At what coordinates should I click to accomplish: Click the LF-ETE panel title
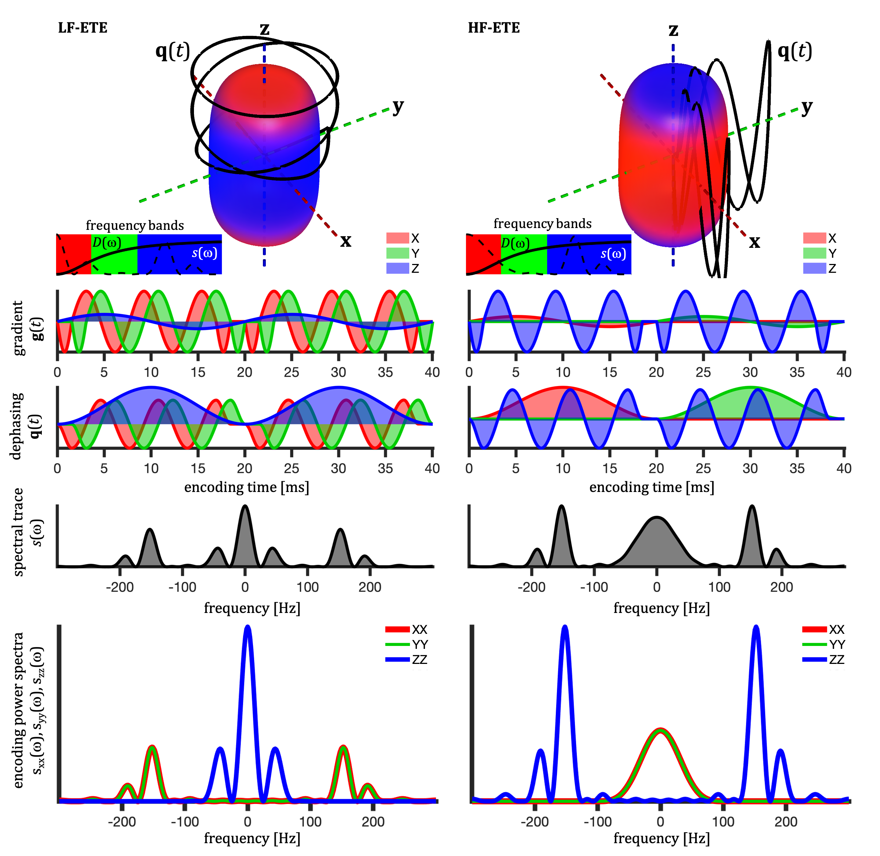click(x=83, y=28)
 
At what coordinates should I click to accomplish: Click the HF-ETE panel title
click(x=494, y=28)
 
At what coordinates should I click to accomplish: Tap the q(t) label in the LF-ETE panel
click(x=172, y=52)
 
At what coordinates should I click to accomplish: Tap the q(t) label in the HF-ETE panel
click(x=795, y=52)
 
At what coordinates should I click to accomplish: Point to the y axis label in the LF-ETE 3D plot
click(x=398, y=107)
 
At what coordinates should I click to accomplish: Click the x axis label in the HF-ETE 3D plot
click(x=754, y=242)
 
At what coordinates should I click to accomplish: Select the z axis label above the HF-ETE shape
click(x=673, y=30)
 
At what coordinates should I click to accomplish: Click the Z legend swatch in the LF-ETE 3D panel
click(x=397, y=268)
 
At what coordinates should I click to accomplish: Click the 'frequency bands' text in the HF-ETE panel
click(x=542, y=224)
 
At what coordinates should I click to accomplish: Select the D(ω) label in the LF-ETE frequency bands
click(x=107, y=243)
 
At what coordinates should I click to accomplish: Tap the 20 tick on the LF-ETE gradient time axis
click(x=245, y=372)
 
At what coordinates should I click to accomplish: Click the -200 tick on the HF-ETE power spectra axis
click(x=535, y=822)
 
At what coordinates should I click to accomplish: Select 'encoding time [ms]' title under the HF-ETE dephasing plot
click(x=652, y=487)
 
